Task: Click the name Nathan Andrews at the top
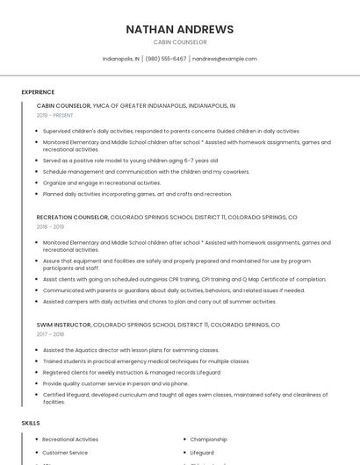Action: [x=180, y=29]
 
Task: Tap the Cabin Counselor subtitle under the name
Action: [x=180, y=42]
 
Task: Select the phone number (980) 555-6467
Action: [x=166, y=59]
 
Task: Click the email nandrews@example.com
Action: [x=225, y=59]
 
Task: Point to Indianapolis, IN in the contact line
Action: [x=121, y=59]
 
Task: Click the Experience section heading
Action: [x=38, y=92]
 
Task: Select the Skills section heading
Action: [x=31, y=423]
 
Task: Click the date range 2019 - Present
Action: [x=55, y=115]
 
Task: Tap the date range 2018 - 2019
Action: [x=50, y=226]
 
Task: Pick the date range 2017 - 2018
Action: [x=50, y=334]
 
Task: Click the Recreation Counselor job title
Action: [x=72, y=217]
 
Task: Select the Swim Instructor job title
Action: [x=63, y=325]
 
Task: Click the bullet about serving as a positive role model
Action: [x=130, y=161]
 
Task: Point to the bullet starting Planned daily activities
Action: [x=137, y=194]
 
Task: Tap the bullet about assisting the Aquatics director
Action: [x=131, y=350]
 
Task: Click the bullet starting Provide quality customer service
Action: [x=115, y=383]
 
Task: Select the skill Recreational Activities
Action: [x=70, y=439]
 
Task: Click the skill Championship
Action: [x=209, y=439]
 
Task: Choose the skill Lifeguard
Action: [x=202, y=453]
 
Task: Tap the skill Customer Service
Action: [x=66, y=453]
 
